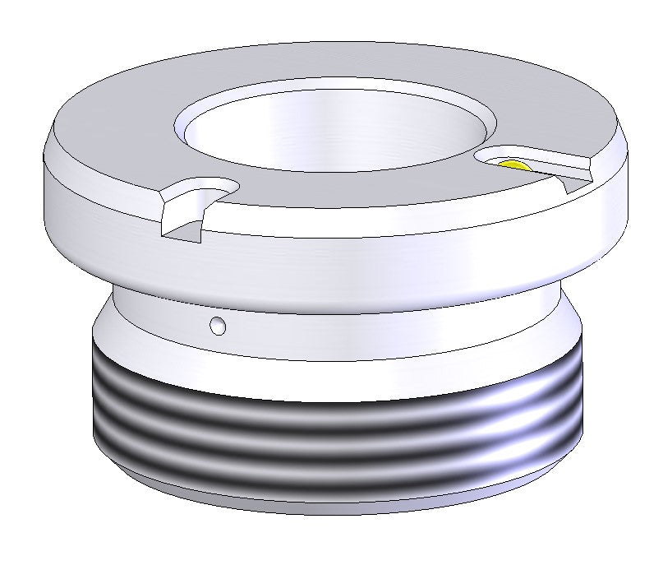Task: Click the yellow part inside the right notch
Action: [512, 165]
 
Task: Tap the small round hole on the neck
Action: [218, 326]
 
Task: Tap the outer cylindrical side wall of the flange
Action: [345, 255]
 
